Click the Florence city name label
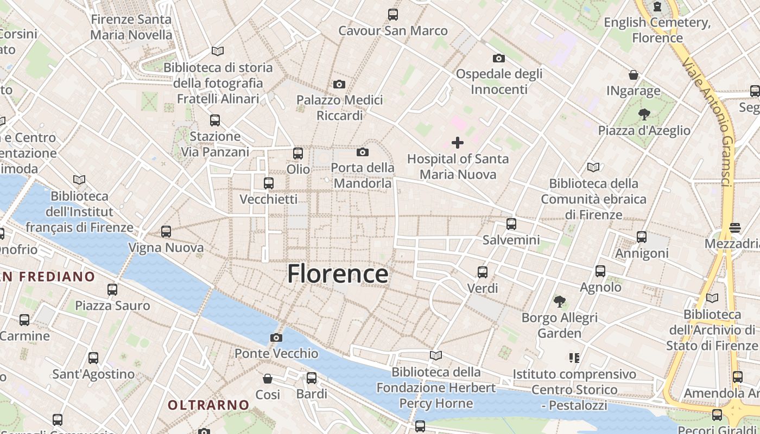[338, 274]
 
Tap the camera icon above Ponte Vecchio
[276, 337]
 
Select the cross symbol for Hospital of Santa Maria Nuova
[458, 143]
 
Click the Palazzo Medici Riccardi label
[339, 107]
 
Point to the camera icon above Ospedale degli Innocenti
[498, 58]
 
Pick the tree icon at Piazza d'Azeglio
[644, 114]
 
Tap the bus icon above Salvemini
[511, 224]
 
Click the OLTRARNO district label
[208, 405]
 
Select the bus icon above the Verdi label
[482, 272]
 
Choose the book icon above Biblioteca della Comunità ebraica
[593, 167]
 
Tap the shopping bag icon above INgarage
[633, 74]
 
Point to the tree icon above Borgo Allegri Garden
[559, 301]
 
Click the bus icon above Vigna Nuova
[166, 232]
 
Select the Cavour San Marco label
[393, 30]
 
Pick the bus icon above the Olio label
[297, 153]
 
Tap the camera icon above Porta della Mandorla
[363, 152]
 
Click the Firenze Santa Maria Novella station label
[131, 27]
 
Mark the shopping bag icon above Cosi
[267, 378]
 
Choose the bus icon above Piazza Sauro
[112, 289]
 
